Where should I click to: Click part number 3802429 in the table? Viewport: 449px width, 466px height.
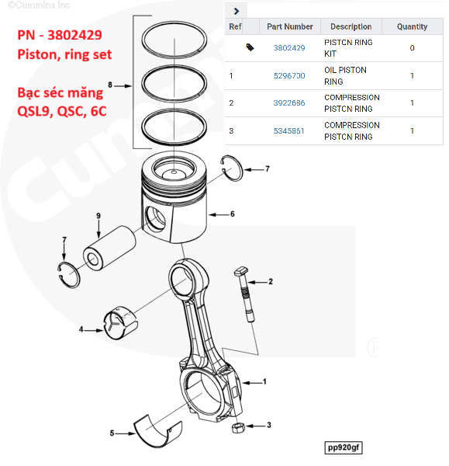[289, 48]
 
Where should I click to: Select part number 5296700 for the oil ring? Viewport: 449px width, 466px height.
[289, 76]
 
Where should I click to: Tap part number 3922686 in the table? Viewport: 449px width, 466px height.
[289, 103]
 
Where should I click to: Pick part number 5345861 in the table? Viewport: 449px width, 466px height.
[288, 130]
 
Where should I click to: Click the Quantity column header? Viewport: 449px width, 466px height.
[412, 26]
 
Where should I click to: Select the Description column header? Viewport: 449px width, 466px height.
[351, 26]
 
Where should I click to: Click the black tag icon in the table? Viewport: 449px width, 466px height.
[250, 47]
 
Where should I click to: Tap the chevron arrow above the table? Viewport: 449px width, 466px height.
[237, 12]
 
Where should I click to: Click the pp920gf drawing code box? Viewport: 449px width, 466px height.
[344, 447]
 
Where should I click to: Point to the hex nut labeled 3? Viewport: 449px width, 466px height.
[238, 428]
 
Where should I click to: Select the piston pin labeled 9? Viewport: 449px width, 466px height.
[109, 248]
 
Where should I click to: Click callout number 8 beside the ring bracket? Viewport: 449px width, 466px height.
[110, 85]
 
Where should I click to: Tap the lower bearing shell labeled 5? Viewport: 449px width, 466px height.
[157, 431]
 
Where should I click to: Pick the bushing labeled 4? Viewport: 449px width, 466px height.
[120, 322]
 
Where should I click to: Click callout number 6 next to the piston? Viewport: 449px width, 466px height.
[233, 214]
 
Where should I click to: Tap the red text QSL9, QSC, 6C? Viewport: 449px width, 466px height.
[62, 111]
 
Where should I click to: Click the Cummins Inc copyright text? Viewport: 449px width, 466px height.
[39, 5]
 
